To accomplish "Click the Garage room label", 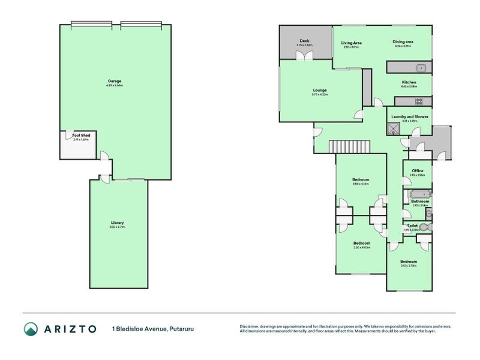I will [115, 81].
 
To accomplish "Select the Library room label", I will [117, 223].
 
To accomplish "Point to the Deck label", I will [304, 41].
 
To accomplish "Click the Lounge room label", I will [319, 90].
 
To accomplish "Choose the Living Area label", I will [351, 43].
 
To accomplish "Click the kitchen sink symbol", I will [421, 67].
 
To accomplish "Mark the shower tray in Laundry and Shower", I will [393, 127].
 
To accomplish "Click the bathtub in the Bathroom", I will [418, 194].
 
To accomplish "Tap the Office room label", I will [417, 171].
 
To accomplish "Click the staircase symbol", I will [349, 146].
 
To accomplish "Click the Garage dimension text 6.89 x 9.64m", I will [115, 85].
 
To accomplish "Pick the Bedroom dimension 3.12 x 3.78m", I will [409, 266].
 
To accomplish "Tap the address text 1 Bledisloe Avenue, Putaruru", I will [152, 329].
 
